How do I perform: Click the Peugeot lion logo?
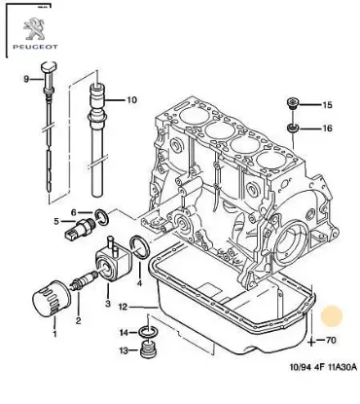[31, 22]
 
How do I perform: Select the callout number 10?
[132, 99]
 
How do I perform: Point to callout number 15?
[327, 104]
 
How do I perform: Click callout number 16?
[327, 128]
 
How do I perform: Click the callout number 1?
[55, 335]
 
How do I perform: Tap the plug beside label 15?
[291, 103]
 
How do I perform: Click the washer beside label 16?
[291, 128]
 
